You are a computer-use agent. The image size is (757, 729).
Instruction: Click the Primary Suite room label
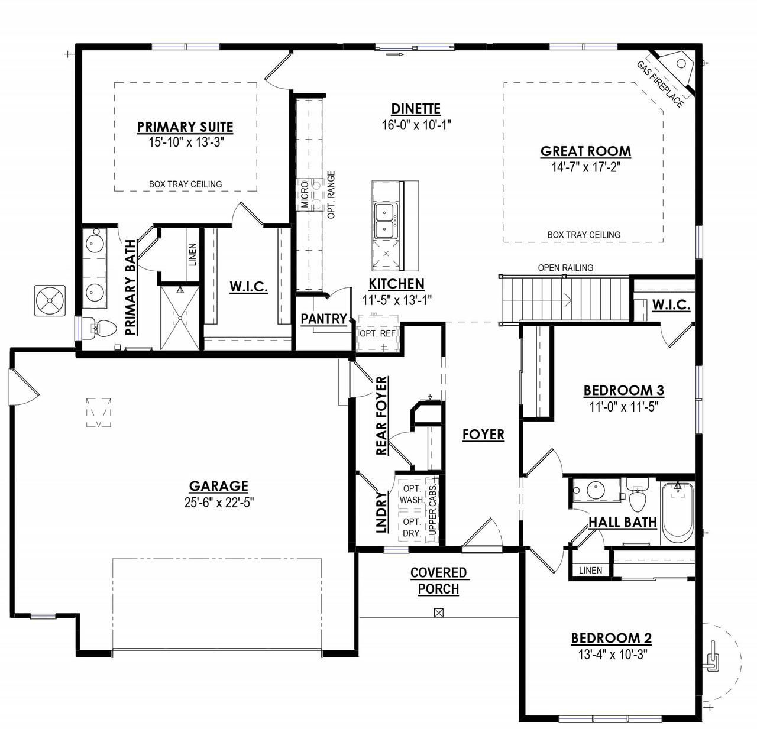[x=185, y=127]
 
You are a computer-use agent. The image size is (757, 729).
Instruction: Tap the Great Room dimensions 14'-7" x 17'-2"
[x=585, y=167]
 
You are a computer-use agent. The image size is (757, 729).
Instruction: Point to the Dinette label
[x=416, y=108]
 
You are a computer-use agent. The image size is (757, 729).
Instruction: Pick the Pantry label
[x=323, y=319]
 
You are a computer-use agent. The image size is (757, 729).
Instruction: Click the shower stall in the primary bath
[x=180, y=317]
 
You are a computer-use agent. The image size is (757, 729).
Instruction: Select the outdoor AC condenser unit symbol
[x=50, y=300]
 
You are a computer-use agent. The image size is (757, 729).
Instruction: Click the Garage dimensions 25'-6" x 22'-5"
[x=219, y=503]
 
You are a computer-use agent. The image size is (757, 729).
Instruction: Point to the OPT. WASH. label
[x=412, y=494]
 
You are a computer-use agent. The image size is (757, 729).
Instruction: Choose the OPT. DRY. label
[x=412, y=527]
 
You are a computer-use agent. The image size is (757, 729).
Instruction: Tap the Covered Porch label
[x=439, y=581]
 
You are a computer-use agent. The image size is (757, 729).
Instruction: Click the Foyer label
[x=483, y=435]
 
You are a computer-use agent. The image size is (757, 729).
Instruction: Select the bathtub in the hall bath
[x=678, y=512]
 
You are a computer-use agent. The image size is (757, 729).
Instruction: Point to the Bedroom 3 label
[x=623, y=390]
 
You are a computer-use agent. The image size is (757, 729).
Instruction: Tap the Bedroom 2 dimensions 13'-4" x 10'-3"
[x=612, y=655]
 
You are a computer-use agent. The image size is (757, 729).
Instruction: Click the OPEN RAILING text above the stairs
[x=565, y=267]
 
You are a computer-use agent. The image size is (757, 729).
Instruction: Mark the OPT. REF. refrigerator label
[x=378, y=333]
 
